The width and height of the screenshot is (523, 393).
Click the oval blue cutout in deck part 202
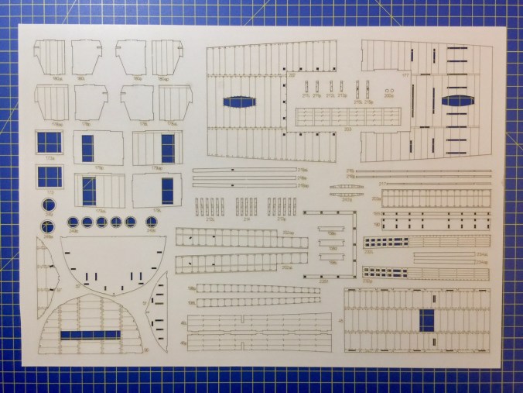(x=240, y=102)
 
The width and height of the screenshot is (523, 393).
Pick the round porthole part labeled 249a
(x=50, y=205)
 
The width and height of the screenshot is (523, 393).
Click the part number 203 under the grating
(x=326, y=129)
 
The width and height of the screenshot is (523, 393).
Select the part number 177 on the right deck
(x=404, y=76)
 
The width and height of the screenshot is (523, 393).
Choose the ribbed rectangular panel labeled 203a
(x=433, y=200)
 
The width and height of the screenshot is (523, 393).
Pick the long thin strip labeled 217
(x=433, y=184)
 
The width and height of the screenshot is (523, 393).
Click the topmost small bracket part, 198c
(x=330, y=230)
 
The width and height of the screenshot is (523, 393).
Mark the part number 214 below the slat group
(x=246, y=219)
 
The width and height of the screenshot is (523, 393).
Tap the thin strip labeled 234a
(x=449, y=254)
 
